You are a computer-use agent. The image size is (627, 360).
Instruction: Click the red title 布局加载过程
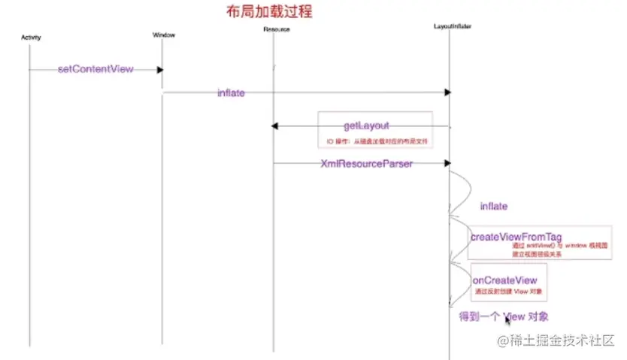[x=268, y=12]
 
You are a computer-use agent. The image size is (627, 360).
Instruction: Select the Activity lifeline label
[x=31, y=37]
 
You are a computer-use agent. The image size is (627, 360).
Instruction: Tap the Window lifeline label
[x=163, y=35]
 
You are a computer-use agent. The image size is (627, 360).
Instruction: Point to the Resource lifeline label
[x=277, y=29]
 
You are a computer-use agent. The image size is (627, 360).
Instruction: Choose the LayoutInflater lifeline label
[x=453, y=26]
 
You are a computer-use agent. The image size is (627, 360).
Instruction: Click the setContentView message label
[x=95, y=69]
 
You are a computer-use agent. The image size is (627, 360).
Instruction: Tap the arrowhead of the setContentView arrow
[x=160, y=70]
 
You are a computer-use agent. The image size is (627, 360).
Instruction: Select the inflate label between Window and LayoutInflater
[x=231, y=93]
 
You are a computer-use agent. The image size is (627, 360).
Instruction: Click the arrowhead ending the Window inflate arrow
[x=448, y=92]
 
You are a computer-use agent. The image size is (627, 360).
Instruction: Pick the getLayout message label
[x=366, y=126]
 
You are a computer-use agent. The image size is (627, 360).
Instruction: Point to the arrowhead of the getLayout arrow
[x=275, y=126]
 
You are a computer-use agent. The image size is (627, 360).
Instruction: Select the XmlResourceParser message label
[x=366, y=163]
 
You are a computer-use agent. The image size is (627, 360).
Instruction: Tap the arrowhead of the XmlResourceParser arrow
[x=448, y=162]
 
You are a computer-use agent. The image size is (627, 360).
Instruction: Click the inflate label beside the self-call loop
[x=494, y=206]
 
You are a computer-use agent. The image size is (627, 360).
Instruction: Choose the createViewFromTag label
[x=516, y=237]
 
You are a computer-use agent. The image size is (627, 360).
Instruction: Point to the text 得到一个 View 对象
[x=508, y=316]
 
